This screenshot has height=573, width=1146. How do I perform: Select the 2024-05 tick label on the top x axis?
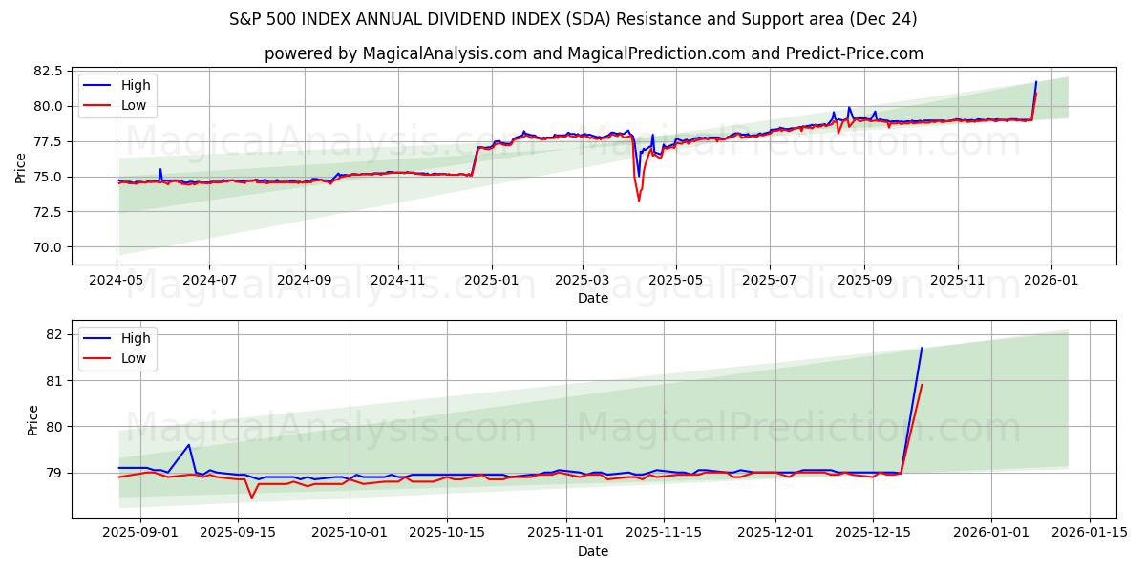click(x=117, y=280)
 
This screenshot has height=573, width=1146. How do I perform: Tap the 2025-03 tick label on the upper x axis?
click(x=583, y=280)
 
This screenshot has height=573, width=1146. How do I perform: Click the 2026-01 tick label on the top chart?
click(x=1050, y=280)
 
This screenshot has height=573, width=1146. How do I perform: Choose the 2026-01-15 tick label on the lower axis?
click(x=1088, y=533)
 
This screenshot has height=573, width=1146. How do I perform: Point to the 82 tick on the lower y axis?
click(x=53, y=334)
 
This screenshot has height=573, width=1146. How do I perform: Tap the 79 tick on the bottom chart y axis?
click(x=53, y=473)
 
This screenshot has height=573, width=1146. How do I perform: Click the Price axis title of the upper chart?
click(x=21, y=168)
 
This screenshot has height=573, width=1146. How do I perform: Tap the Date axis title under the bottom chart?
click(x=593, y=551)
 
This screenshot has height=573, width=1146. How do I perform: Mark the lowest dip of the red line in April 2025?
click(x=639, y=200)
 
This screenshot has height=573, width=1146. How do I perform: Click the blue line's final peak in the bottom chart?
click(x=922, y=348)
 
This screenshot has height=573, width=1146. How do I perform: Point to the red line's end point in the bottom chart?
click(x=922, y=384)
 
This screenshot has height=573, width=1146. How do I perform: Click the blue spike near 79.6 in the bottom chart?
click(x=189, y=445)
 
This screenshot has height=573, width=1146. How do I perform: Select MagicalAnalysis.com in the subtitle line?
click(x=444, y=53)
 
